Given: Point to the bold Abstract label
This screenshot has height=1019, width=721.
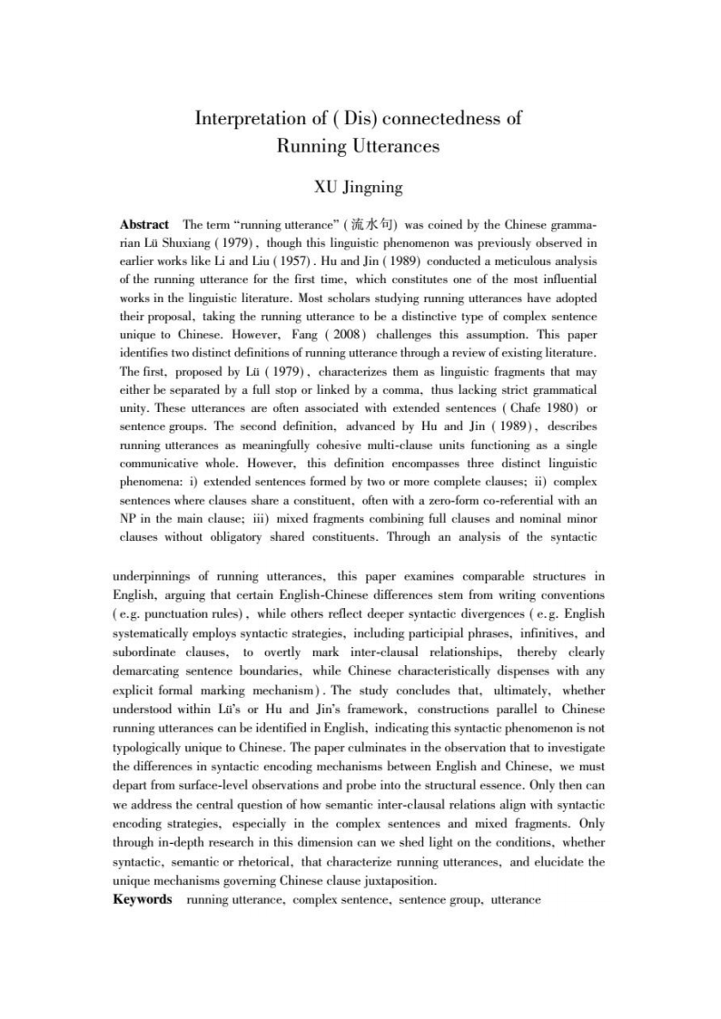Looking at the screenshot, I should pyautogui.click(x=144, y=224).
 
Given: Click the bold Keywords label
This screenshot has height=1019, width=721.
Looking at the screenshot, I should pyautogui.click(x=143, y=899).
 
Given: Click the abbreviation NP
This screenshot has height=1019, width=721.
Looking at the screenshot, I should pyautogui.click(x=129, y=518).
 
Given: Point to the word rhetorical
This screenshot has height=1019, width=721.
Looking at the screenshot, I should pyautogui.click(x=260, y=862).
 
